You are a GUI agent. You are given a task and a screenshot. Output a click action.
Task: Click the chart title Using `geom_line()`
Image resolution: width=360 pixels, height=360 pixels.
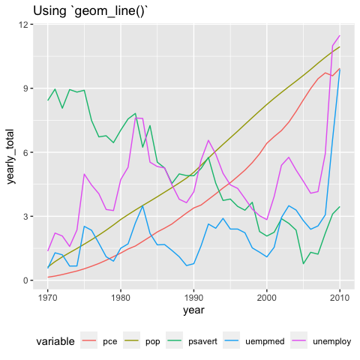(89, 11)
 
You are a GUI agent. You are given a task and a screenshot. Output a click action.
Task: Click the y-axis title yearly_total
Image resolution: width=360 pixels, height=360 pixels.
(10, 157)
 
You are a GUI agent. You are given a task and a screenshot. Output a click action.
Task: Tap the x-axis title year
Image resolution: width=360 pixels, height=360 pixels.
(193, 310)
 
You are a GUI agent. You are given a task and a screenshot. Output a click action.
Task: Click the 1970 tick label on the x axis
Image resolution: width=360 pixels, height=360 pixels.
(47, 298)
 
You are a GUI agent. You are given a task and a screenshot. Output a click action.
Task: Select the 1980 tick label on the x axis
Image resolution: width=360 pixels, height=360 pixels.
(121, 298)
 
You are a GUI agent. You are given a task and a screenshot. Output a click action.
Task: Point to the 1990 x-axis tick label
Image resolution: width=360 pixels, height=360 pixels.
(193, 298)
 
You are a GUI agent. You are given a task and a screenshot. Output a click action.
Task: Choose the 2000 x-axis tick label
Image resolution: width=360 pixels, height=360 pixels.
(267, 298)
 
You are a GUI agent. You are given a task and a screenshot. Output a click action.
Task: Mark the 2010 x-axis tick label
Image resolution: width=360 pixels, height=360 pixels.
(340, 298)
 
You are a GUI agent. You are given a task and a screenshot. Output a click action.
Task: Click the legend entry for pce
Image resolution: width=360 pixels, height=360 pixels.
(110, 342)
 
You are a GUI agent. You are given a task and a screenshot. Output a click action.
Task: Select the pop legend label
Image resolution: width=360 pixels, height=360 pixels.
(153, 342)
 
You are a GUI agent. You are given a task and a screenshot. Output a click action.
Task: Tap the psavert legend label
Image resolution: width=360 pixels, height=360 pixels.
(202, 341)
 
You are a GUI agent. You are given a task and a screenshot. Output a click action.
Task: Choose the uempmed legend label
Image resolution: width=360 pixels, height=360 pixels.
(265, 341)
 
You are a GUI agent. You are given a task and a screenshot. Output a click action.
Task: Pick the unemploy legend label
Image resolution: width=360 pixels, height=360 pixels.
(332, 341)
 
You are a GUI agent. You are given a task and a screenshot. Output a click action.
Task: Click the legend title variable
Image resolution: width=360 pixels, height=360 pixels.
(55, 341)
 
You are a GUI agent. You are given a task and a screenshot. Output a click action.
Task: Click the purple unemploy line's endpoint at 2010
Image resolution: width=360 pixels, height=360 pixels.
(340, 35)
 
